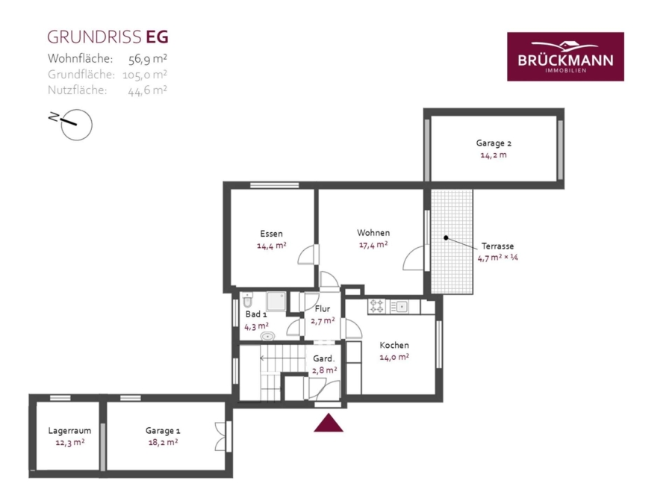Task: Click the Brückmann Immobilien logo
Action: pyautogui.click(x=565, y=57)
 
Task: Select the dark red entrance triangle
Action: pyautogui.click(x=329, y=423)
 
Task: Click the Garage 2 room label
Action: pyautogui.click(x=494, y=143)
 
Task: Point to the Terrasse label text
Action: pyautogui.click(x=497, y=246)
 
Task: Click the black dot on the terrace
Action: pyautogui.click(x=447, y=237)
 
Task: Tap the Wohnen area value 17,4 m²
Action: pyautogui.click(x=373, y=245)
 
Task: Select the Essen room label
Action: pyautogui.click(x=271, y=234)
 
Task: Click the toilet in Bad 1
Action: pyautogui.click(x=248, y=299)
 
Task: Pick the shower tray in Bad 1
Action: pyautogui.click(x=276, y=302)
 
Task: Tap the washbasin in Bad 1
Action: pyautogui.click(x=267, y=336)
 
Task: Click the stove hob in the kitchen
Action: pyautogui.click(x=377, y=306)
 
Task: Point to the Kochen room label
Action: pyautogui.click(x=394, y=345)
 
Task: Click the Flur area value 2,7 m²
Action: pyautogui.click(x=323, y=320)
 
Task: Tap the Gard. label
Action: pyautogui.click(x=323, y=358)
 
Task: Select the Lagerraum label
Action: pyautogui.click(x=69, y=431)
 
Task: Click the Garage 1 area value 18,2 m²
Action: pyautogui.click(x=163, y=442)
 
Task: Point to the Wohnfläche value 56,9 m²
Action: pyautogui.click(x=148, y=58)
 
